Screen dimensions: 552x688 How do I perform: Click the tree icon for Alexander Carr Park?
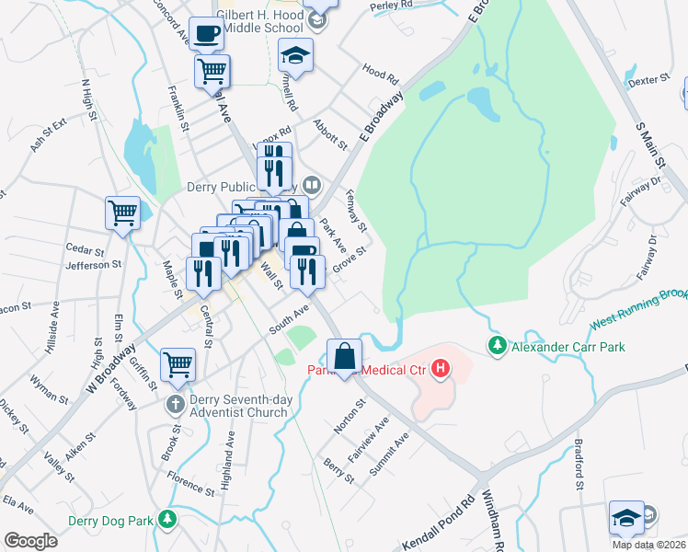pos(497,346)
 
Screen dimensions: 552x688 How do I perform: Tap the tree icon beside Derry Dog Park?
pos(166,520)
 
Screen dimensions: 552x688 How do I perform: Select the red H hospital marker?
pos(441,370)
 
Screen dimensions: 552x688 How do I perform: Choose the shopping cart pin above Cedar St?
pos(122,213)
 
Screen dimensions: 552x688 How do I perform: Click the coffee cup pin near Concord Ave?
pos(206,34)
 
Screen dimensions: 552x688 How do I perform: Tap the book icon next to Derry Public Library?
pos(311,185)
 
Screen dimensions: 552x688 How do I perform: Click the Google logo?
pos(30,540)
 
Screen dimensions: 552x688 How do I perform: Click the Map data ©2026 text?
pos(648,545)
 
